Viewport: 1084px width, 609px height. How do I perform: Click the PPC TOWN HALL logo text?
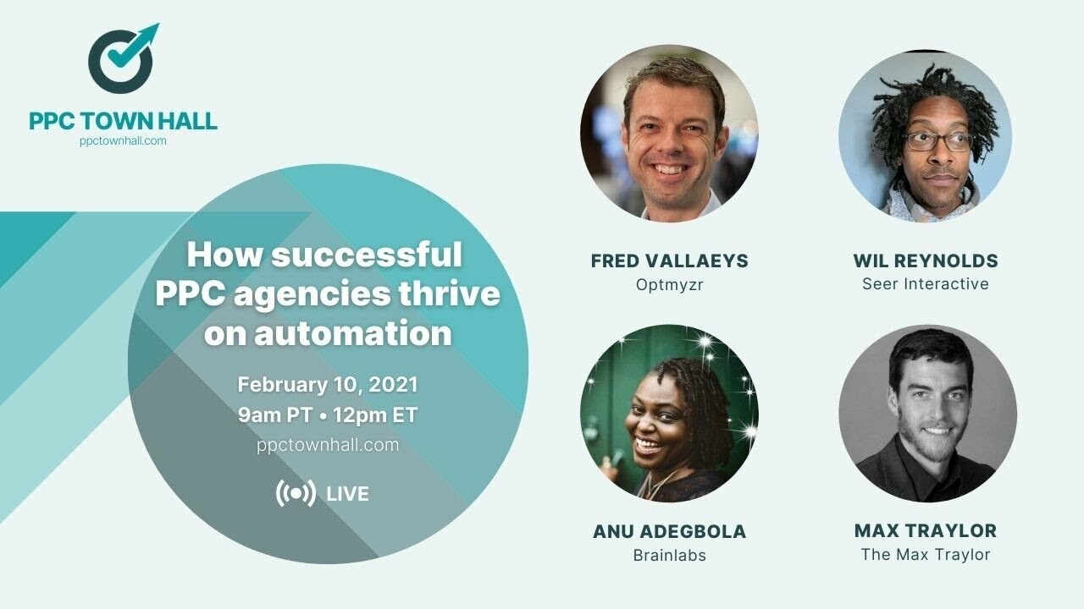(x=123, y=121)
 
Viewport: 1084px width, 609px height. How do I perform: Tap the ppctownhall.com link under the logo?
(x=123, y=141)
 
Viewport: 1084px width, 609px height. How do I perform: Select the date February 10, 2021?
(x=328, y=385)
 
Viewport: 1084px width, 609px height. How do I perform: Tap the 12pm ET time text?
(x=375, y=415)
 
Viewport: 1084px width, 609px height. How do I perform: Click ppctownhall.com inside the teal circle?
(x=328, y=445)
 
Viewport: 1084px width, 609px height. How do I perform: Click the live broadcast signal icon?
(x=296, y=494)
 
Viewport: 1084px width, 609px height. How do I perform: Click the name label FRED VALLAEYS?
(x=669, y=261)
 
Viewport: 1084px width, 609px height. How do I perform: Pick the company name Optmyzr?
(x=669, y=285)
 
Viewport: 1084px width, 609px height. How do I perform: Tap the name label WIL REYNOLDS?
(x=925, y=261)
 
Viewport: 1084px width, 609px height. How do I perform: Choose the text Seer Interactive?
(x=925, y=284)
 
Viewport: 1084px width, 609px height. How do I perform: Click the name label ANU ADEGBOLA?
(x=669, y=532)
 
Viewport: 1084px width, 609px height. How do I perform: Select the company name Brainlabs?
(x=669, y=556)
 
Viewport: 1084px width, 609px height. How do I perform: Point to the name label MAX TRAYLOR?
(x=925, y=531)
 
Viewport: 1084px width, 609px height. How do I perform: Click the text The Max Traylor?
(x=925, y=555)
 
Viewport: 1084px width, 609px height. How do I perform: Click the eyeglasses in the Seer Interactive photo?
(x=938, y=141)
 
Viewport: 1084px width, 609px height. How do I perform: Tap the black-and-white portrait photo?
(x=927, y=414)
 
